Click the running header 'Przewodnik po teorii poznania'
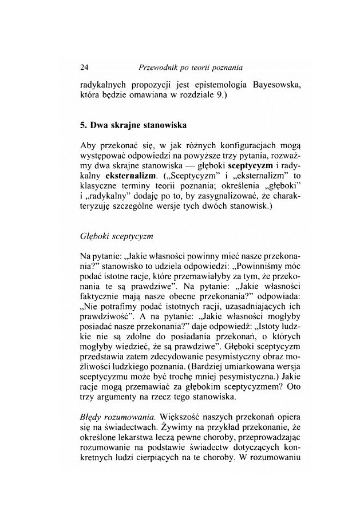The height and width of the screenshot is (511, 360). click(187, 68)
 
